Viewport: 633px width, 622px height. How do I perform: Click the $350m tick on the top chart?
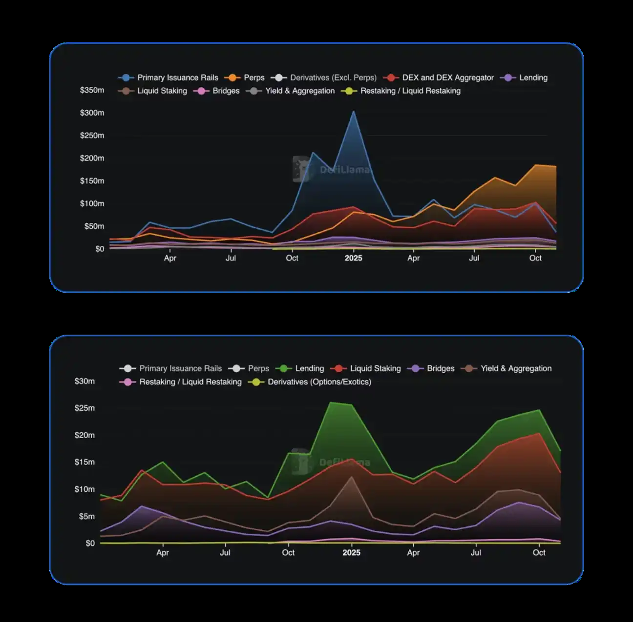pyautogui.click(x=92, y=90)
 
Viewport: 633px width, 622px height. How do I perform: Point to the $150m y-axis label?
pyautogui.click(x=92, y=181)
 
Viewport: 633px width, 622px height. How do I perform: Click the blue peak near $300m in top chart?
pyautogui.click(x=354, y=112)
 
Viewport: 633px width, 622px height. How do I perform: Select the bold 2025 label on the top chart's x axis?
pyautogui.click(x=353, y=258)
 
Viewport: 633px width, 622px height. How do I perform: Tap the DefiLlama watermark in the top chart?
pyautogui.click(x=332, y=169)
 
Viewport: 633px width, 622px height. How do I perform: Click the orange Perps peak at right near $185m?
pyautogui.click(x=536, y=165)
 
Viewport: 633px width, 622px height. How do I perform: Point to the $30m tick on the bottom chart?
pyautogui.click(x=84, y=381)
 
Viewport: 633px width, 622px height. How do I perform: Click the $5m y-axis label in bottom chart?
pyautogui.click(x=87, y=516)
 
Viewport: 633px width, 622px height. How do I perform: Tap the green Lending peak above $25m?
pyautogui.click(x=331, y=403)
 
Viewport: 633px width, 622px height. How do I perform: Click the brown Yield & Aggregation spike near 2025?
pyautogui.click(x=351, y=477)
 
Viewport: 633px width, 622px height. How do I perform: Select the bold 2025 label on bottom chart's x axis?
pyautogui.click(x=351, y=553)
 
